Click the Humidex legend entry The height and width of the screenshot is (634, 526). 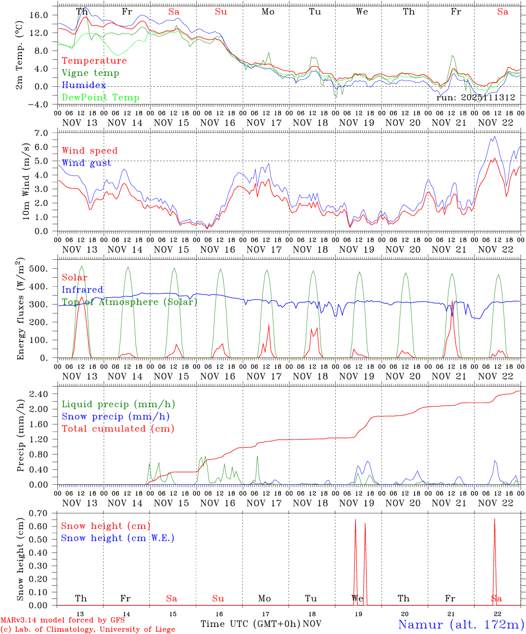[84, 85]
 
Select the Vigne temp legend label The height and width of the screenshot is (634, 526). [90, 73]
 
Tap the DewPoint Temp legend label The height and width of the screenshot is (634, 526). [100, 98]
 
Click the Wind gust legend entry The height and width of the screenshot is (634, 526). [86, 163]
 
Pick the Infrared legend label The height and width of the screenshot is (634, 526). [82, 290]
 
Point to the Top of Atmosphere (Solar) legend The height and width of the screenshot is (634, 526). [129, 302]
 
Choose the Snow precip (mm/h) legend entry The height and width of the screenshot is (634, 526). [115, 417]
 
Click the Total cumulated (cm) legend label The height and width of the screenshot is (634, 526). [118, 429]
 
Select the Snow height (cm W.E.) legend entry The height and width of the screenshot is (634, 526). [117, 538]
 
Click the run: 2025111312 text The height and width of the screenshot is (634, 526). [475, 97]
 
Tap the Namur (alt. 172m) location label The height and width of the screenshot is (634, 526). [461, 624]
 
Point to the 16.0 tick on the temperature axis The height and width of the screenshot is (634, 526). [39, 15]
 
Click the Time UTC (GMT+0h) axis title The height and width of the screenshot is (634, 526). [250, 624]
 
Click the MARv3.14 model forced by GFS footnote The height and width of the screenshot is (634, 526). [63, 620]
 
